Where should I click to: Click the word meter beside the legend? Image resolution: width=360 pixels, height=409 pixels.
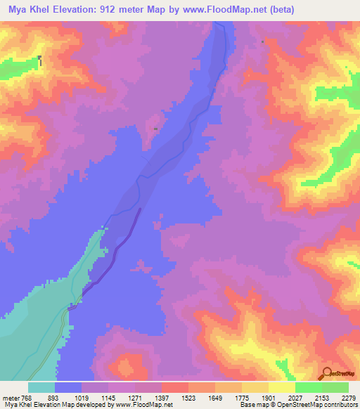[10, 397]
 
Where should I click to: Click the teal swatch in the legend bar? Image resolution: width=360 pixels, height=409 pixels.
[41, 387]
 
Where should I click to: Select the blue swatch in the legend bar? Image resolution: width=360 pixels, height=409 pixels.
[68, 387]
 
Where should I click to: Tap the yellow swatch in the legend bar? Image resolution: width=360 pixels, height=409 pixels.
[281, 387]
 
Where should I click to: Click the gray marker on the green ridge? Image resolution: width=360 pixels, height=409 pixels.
[40, 60]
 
